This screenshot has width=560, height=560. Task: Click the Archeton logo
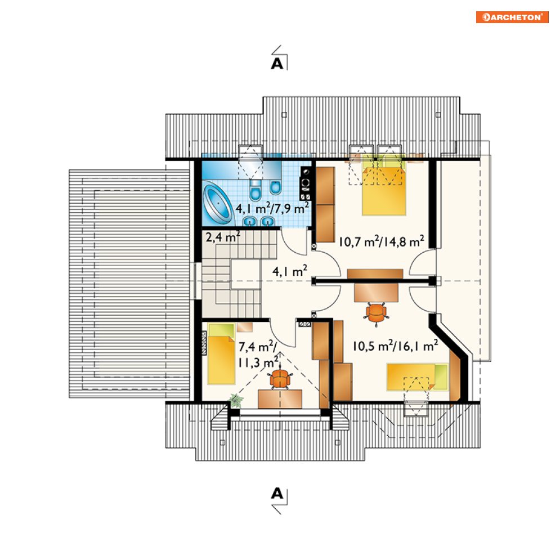click(512, 17)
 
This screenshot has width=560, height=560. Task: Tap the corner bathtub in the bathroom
click(217, 203)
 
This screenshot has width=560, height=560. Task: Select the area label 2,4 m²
click(223, 237)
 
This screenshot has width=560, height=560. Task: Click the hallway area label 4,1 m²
click(290, 271)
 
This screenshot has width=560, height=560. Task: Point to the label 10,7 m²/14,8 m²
click(381, 241)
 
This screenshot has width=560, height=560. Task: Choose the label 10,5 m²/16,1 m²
click(395, 346)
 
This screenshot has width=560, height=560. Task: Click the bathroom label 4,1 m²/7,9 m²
click(272, 208)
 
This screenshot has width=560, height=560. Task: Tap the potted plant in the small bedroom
click(236, 400)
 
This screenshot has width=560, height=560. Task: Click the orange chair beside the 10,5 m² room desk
click(376, 313)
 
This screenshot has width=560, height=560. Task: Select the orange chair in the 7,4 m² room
click(280, 379)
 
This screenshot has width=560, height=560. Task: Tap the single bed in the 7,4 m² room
click(221, 353)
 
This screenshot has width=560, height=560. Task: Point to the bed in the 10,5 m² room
click(417, 377)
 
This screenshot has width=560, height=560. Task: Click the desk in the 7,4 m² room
click(280, 399)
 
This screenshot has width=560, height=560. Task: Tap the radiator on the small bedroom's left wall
click(204, 343)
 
